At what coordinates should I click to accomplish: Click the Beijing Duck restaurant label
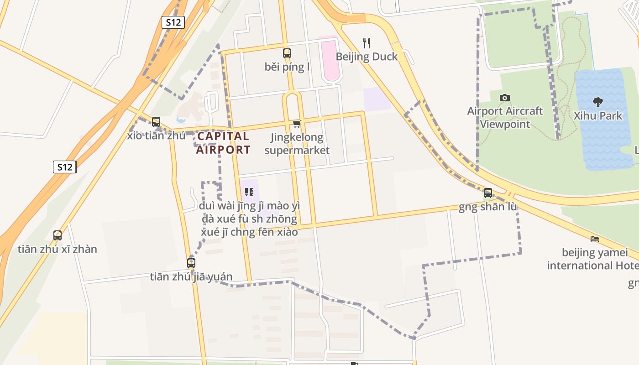tap(367, 57)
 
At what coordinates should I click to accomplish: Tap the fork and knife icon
tap(366, 43)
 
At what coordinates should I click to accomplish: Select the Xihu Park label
tap(598, 115)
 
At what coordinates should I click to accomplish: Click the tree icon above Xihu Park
tap(597, 102)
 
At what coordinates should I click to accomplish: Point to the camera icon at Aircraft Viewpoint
tap(505, 98)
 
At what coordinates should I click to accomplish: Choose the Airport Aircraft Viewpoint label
tap(505, 118)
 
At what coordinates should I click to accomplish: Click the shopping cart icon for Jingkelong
tap(297, 124)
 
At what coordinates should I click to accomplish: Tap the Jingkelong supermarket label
tap(297, 144)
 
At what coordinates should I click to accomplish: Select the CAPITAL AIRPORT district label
tap(223, 143)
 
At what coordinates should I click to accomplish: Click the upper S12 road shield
tap(173, 22)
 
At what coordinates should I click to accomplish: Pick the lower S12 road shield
tap(64, 167)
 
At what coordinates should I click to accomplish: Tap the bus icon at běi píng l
tap(287, 53)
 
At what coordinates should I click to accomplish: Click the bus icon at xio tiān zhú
tap(156, 122)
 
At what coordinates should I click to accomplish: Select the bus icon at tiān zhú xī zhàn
tap(58, 235)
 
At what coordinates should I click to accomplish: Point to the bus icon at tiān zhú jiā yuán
tap(191, 263)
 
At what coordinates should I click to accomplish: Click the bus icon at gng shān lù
tap(488, 193)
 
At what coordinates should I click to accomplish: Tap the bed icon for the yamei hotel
tap(594, 239)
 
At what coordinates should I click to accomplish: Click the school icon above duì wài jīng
tap(249, 192)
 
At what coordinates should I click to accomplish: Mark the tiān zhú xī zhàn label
tap(58, 249)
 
